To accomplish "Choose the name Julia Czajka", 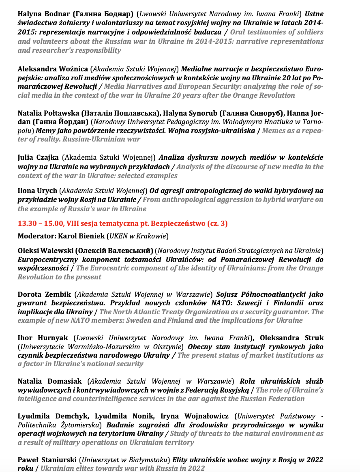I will tap(38, 157).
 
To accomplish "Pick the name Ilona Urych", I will tap(37, 190).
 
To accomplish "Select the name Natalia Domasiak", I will tap(50, 381).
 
